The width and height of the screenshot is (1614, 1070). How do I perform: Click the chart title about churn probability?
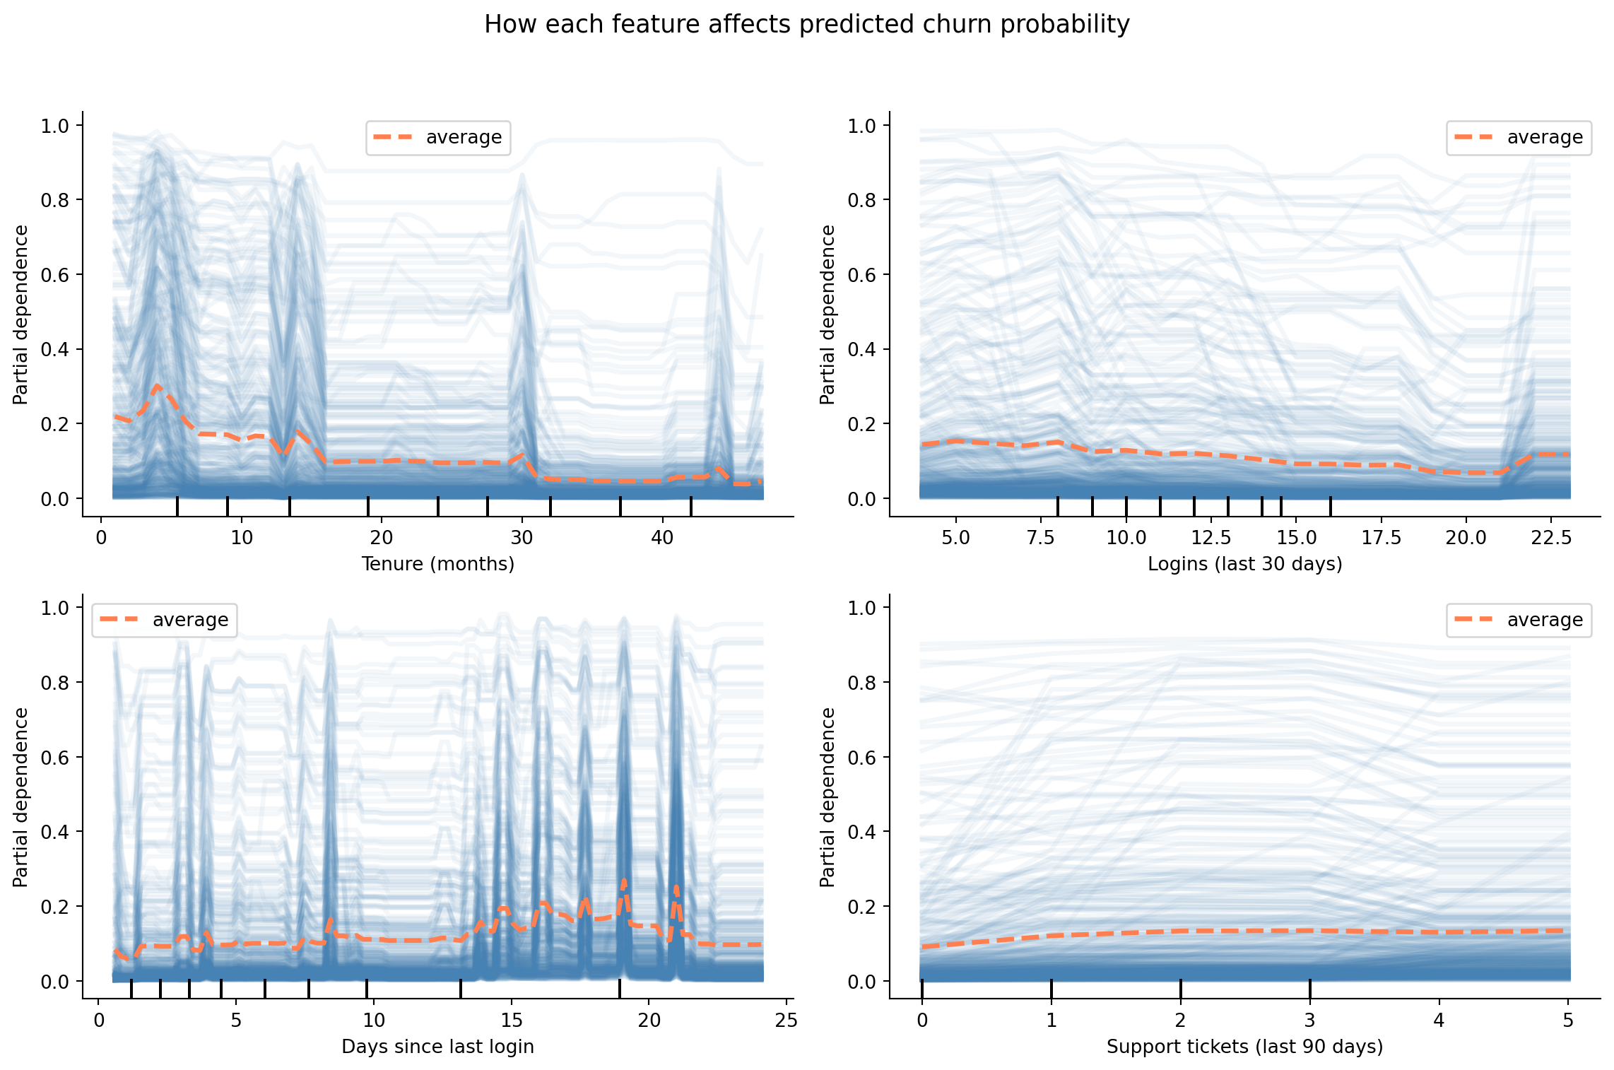[806, 25]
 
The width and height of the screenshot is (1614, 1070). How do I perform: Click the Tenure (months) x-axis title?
[437, 564]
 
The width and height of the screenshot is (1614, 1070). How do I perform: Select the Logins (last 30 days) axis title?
[1244, 564]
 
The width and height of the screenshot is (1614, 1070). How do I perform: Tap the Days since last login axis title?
[437, 1047]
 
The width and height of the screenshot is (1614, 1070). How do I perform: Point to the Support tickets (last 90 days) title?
[1244, 1047]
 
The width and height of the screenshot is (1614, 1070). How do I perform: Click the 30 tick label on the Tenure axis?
[522, 538]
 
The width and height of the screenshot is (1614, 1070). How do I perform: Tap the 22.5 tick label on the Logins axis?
[1551, 538]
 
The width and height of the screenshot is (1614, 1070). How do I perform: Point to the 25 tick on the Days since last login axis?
[786, 1021]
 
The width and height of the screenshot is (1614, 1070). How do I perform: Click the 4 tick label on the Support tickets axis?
[1439, 1021]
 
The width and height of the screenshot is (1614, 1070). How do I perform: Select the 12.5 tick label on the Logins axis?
[1211, 538]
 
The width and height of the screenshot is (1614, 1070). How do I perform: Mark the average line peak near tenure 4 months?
[157, 386]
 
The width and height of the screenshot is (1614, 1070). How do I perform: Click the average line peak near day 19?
[624, 882]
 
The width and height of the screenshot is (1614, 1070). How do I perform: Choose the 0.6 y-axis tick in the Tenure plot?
[54, 275]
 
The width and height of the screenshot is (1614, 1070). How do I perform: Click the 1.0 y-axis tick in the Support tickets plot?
[861, 608]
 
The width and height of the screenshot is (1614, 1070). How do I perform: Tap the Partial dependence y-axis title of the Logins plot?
[827, 314]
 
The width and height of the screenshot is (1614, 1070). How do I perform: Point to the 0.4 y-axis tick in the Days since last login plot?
[54, 832]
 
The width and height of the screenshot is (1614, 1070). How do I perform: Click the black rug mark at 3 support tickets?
[1309, 989]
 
